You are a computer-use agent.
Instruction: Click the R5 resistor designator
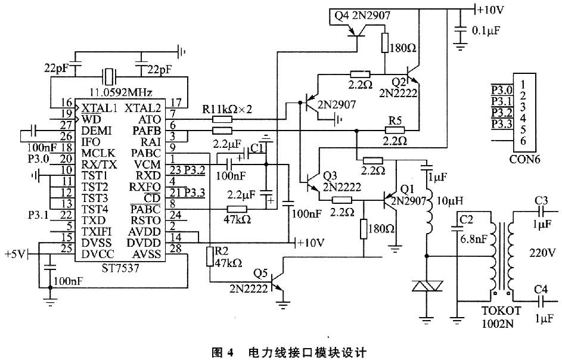tap(395, 120)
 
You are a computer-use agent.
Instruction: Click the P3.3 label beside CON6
tap(501, 123)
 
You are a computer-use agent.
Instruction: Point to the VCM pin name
tap(147, 164)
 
